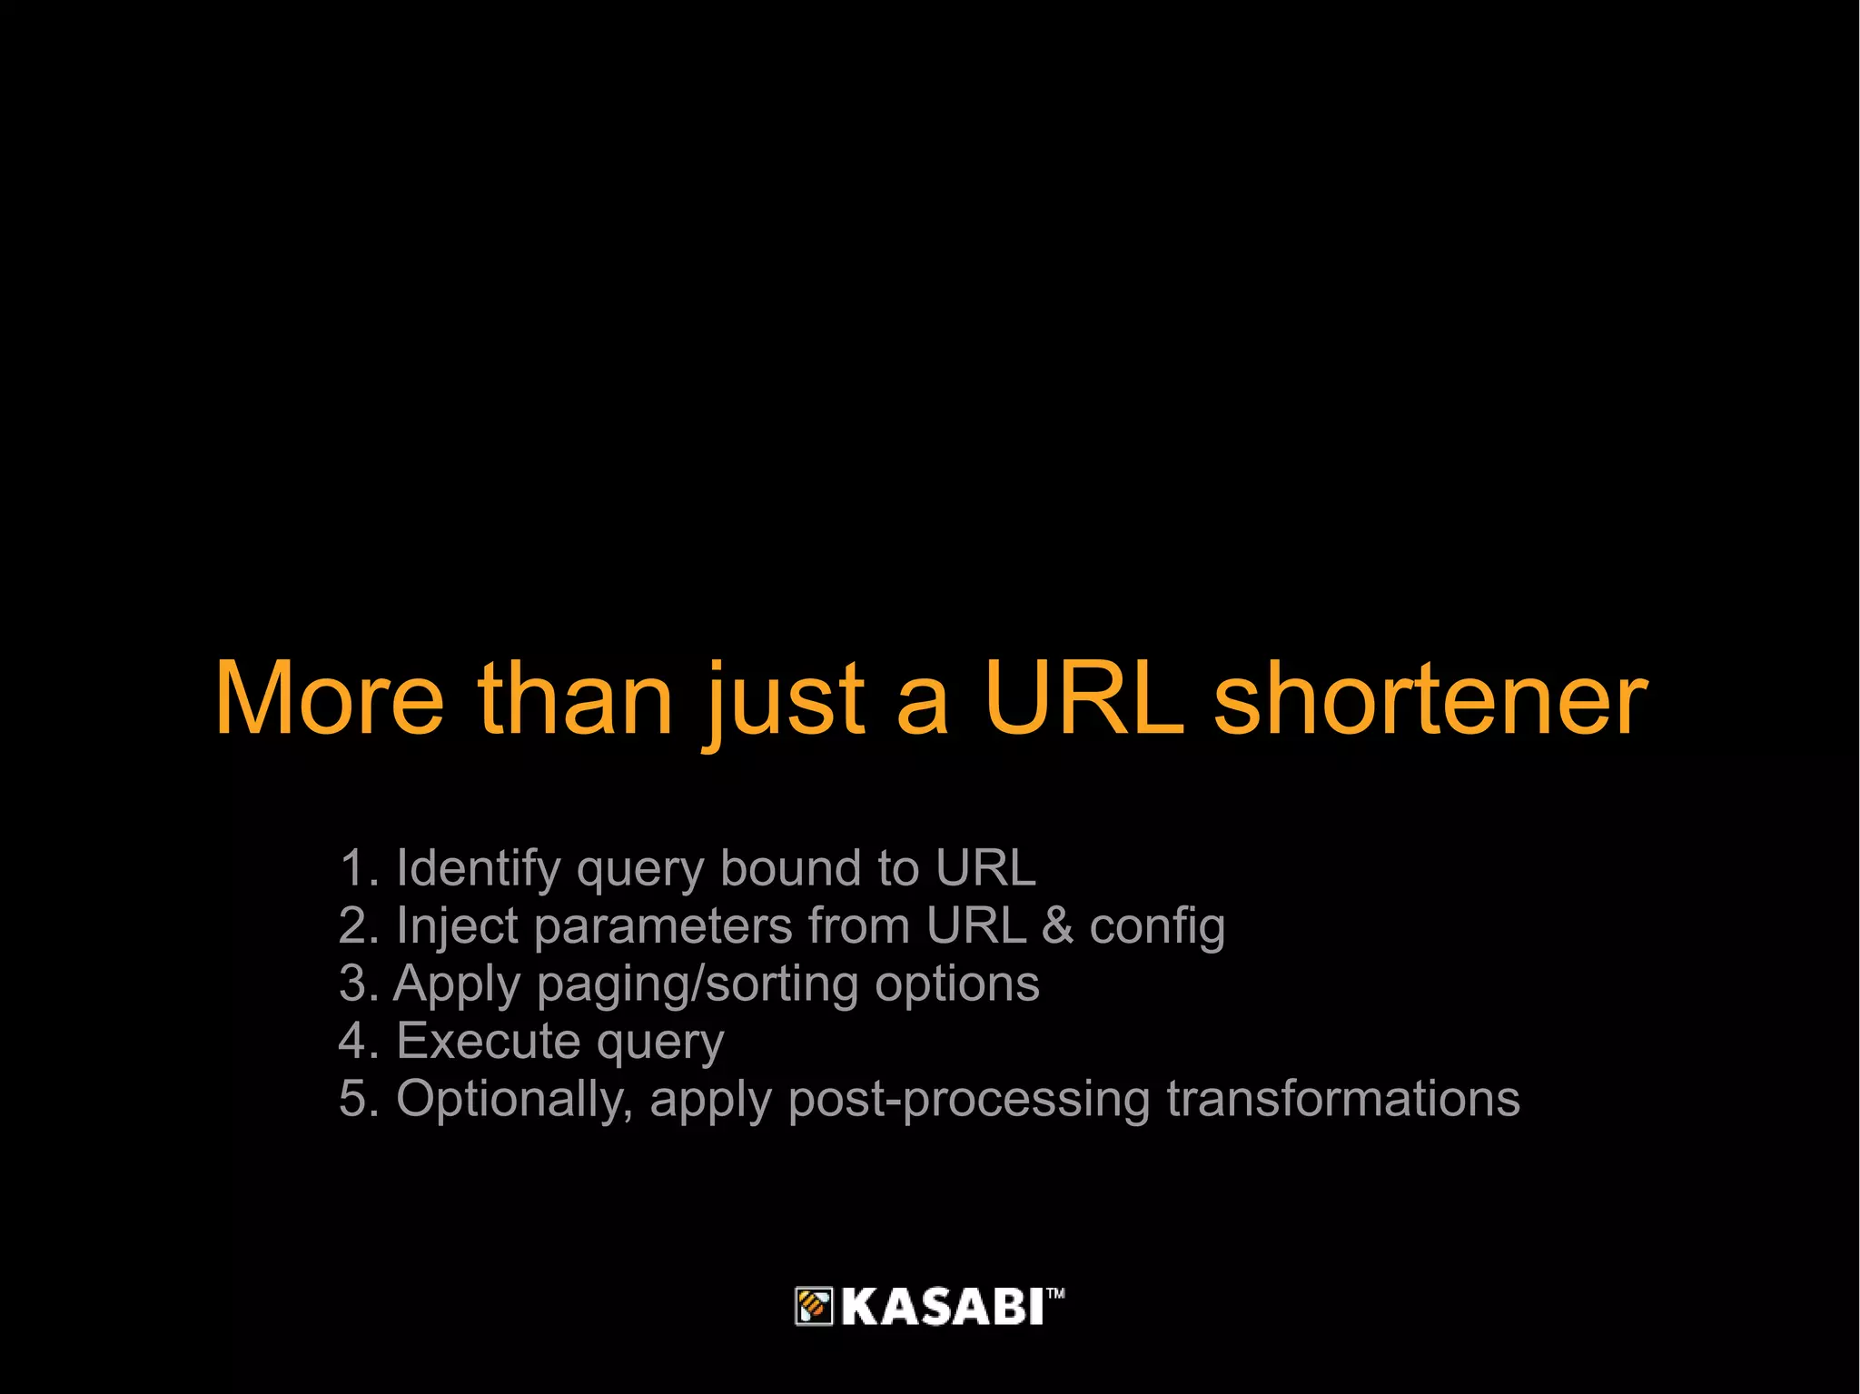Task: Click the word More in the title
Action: click(x=329, y=698)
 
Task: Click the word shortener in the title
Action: click(x=1430, y=698)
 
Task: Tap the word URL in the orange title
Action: click(x=1084, y=698)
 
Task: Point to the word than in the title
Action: click(x=575, y=698)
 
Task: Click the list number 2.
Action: click(x=352, y=926)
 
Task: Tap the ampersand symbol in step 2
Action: click(x=1057, y=926)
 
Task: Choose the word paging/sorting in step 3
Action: click(x=697, y=985)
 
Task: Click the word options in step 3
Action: click(x=957, y=985)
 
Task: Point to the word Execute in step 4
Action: click(x=481, y=1041)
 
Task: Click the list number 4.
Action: click(x=352, y=1041)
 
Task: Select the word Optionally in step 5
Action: click(x=514, y=1099)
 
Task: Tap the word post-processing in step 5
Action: click(x=969, y=1100)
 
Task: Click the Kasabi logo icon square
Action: click(x=814, y=1307)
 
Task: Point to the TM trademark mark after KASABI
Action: click(x=1055, y=1293)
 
